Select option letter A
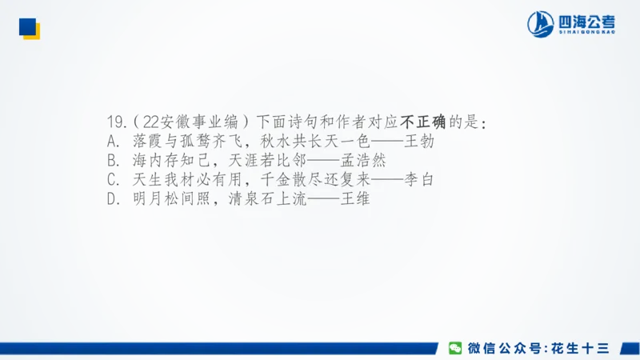[x=112, y=142]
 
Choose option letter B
[x=112, y=161]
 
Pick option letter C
[x=112, y=180]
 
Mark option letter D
[x=112, y=199]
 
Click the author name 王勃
[x=418, y=142]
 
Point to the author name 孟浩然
[x=358, y=161]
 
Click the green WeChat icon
[x=454, y=348]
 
